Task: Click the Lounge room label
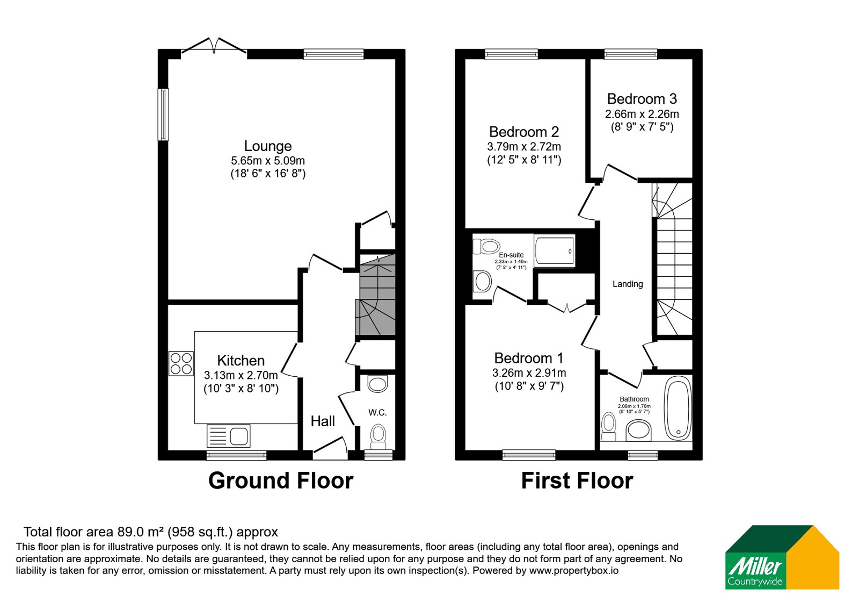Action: (268, 146)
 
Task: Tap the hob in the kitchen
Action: (181, 363)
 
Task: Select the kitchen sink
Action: (229, 436)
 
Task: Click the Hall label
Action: (323, 421)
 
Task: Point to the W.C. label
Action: (377, 413)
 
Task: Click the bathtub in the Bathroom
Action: (678, 408)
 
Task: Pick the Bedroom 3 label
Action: (642, 99)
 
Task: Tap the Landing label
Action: (628, 284)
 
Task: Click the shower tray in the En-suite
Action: (554, 250)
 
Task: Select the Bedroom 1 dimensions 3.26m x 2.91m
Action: (529, 373)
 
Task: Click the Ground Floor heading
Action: (281, 481)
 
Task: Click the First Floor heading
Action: (577, 481)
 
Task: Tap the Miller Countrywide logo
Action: (782, 557)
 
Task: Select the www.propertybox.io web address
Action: (574, 570)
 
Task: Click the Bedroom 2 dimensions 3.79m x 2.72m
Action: (524, 147)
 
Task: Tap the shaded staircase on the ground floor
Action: (376, 295)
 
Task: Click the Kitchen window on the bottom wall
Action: (237, 455)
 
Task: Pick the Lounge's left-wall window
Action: (163, 114)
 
